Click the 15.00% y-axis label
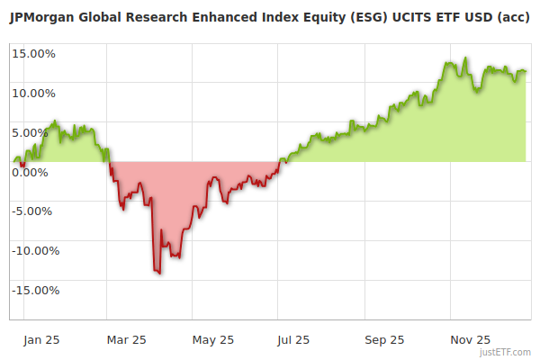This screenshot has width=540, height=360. pos(34,53)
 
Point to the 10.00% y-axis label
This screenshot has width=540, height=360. pos(34,93)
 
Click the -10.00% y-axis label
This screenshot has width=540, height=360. pos(32,251)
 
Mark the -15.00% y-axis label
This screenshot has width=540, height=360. pos(32,291)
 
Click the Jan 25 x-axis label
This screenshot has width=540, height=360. pos(41,340)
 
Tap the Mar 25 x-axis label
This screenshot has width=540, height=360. pos(127,340)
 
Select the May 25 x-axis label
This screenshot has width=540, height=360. pos(213,340)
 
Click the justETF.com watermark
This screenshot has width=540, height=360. pos(506,352)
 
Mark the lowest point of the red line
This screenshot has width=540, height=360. pos(159,274)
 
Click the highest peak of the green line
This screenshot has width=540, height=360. pos(465,58)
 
